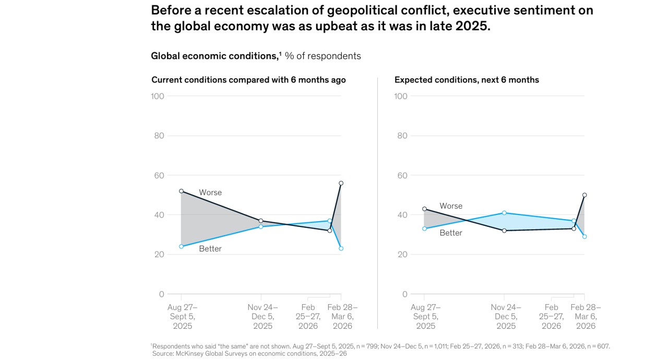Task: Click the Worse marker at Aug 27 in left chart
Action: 181,191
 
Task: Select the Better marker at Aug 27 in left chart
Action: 181,246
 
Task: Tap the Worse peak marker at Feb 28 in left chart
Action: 341,183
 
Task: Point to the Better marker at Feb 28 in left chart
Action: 341,248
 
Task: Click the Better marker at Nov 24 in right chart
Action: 504,213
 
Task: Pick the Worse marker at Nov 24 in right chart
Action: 504,231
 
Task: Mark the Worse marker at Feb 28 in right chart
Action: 584,195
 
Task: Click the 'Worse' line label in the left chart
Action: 210,193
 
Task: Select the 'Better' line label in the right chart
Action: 451,233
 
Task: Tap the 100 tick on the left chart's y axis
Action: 157,96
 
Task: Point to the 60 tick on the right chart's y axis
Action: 401,175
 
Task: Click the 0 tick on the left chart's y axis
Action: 161,294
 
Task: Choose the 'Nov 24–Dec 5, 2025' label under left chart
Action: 263,317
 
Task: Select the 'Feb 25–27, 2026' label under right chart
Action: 551,317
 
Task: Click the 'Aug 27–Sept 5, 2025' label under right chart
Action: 425,317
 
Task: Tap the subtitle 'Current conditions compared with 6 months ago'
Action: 248,80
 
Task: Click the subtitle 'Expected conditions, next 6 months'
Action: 467,80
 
